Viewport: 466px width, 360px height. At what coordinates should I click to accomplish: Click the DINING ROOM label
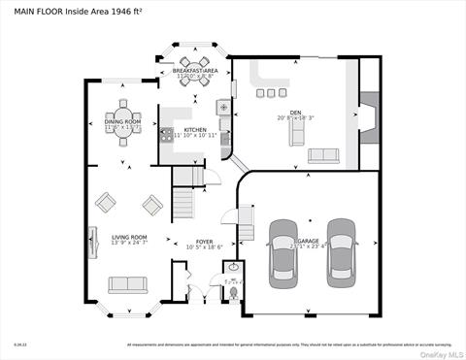tap(123, 122)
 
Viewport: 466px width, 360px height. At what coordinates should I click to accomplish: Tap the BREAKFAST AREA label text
tap(195, 71)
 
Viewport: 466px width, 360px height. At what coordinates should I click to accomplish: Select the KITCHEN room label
tap(196, 129)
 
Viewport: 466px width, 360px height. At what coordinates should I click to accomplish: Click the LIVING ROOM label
tap(128, 237)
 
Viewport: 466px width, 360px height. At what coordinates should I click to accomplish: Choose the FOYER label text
tap(204, 242)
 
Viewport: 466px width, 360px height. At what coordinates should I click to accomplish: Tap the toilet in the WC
tap(232, 289)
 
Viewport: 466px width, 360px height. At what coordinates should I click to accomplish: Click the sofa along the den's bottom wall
tap(322, 155)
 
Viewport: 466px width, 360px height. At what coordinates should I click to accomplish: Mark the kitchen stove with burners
tap(168, 133)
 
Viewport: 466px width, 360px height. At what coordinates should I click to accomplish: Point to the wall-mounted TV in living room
tap(93, 239)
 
